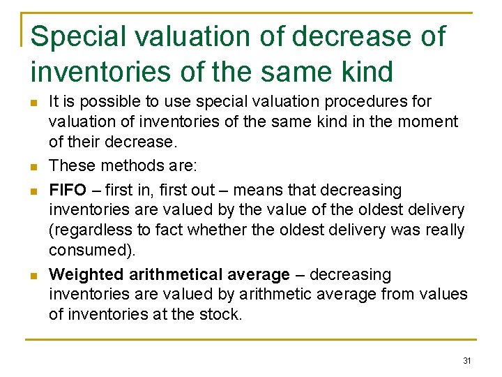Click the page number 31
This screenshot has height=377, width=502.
click(467, 361)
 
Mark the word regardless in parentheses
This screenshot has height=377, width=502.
click(88, 230)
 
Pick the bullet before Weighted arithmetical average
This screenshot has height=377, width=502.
click(33, 275)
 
